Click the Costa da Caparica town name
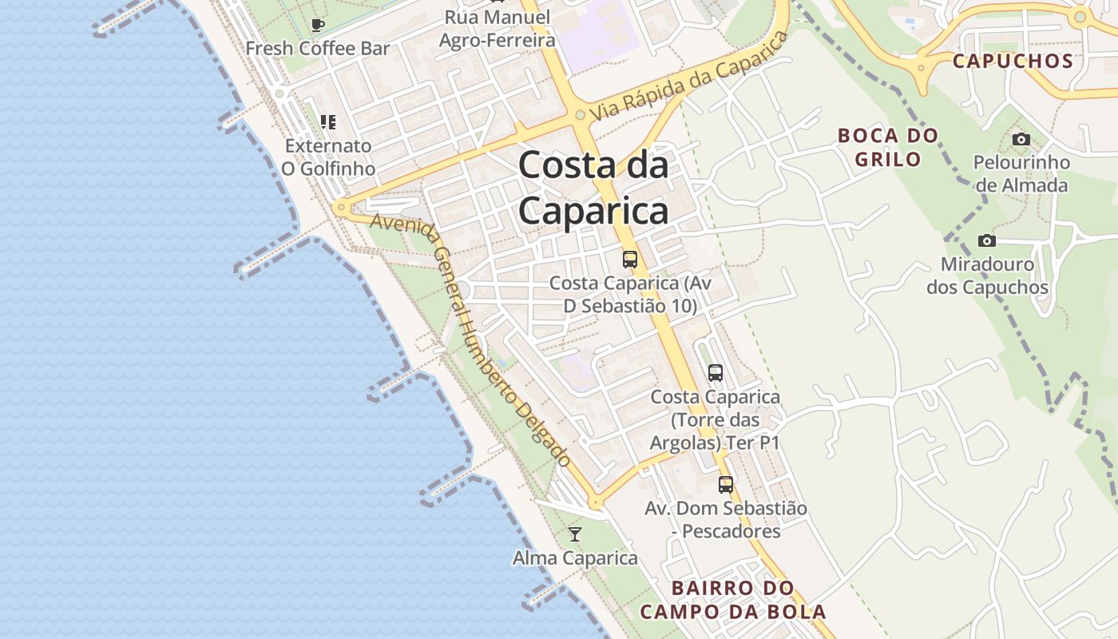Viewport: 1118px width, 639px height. point(593,189)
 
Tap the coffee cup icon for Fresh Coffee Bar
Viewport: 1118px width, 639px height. point(318,25)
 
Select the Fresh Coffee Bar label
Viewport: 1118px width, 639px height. point(318,48)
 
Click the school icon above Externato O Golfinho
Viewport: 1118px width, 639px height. point(328,122)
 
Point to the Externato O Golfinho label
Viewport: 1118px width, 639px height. point(328,157)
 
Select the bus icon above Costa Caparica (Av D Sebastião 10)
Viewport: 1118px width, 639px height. point(630,259)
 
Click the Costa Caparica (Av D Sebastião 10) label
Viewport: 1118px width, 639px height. point(630,294)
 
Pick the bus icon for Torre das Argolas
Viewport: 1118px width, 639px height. point(716,372)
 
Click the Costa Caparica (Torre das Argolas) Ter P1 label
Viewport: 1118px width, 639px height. point(715,419)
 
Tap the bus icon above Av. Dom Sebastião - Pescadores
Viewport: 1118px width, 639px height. point(726,484)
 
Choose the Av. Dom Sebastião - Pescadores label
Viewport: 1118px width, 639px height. point(726,519)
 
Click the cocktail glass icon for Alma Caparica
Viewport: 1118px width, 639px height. point(575,534)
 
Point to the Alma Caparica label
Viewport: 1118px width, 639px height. point(575,558)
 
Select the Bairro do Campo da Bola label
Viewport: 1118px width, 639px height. point(733,600)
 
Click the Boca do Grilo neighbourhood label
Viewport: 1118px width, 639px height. point(888,147)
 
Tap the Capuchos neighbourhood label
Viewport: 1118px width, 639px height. point(1013,61)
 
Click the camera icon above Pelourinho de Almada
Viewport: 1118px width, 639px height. point(1021,140)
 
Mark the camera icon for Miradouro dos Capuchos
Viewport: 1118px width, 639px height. point(987,240)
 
